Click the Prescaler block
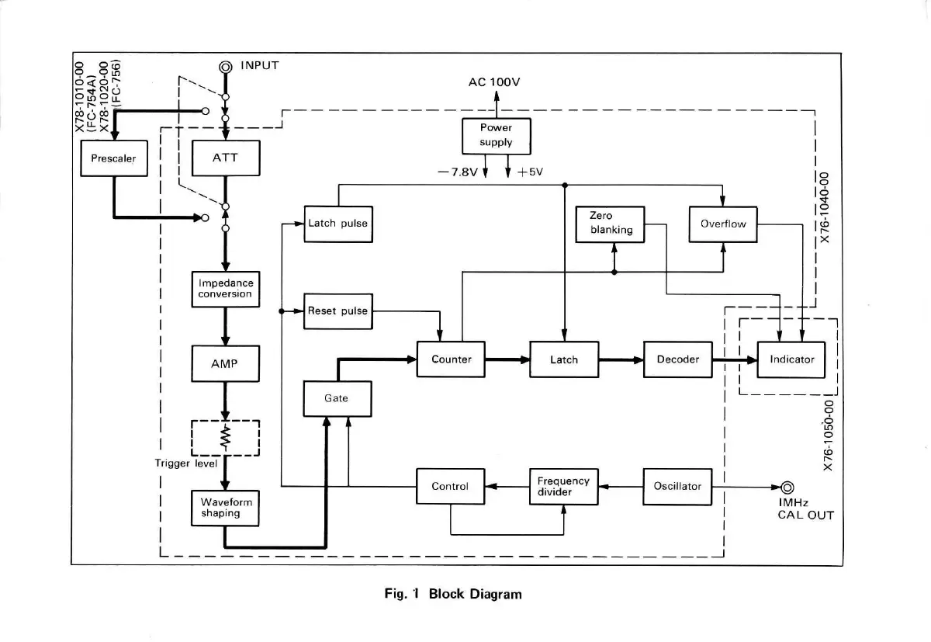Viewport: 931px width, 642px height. (113, 158)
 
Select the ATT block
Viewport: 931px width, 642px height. (225, 158)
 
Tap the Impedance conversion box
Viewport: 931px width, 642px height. (225, 289)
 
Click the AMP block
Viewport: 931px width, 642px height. (225, 363)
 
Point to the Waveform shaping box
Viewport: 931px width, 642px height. (225, 508)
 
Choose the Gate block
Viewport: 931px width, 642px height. (337, 399)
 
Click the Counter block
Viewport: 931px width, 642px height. (451, 359)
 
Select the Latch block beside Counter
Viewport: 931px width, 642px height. (563, 359)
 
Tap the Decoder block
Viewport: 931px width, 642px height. (677, 359)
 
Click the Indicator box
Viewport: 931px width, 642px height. (791, 359)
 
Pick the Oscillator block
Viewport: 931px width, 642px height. (677, 487)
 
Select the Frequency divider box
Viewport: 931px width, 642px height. (563, 487)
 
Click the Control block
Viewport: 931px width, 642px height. (451, 487)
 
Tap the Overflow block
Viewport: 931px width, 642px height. (723, 224)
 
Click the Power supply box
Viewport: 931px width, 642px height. (496, 136)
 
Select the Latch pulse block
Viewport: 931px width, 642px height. (337, 224)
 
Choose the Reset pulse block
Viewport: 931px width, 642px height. (337, 311)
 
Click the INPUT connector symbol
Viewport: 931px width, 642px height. (226, 68)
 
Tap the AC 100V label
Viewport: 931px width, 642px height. (494, 82)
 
